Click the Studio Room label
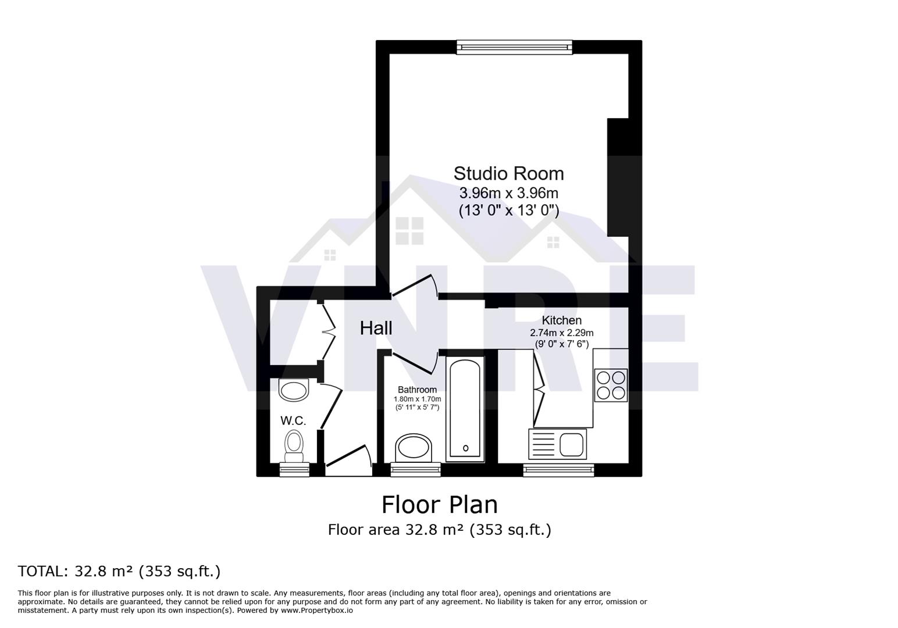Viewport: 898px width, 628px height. point(508,174)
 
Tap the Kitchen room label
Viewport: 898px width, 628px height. point(561,320)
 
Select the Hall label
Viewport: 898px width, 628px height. point(376,328)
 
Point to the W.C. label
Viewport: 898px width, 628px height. point(293,420)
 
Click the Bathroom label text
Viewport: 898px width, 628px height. point(417,390)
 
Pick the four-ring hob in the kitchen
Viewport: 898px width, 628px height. point(611,385)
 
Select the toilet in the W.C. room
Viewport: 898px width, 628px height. point(294,445)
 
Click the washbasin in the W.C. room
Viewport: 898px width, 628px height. point(294,390)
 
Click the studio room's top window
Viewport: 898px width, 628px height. point(514,47)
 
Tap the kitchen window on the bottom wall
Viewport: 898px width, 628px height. point(558,469)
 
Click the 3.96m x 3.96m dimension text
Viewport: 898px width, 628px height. point(508,192)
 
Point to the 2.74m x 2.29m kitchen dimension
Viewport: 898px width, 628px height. point(561,333)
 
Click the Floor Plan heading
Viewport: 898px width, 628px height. point(440,504)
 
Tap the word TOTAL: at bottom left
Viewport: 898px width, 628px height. point(43,571)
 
